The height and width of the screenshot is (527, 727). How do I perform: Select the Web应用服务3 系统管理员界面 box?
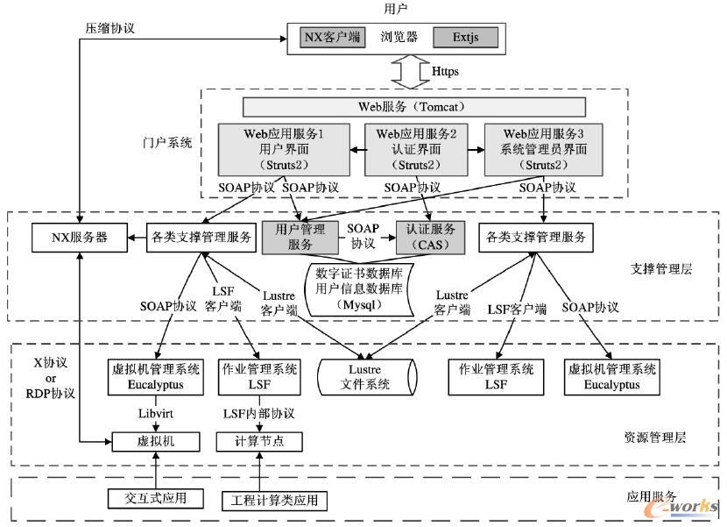544,148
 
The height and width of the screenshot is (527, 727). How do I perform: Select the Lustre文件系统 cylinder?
361,377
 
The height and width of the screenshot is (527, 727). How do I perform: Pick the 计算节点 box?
258,441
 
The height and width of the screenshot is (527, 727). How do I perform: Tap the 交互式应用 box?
155,498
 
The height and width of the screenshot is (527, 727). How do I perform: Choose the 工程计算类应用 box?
273,500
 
